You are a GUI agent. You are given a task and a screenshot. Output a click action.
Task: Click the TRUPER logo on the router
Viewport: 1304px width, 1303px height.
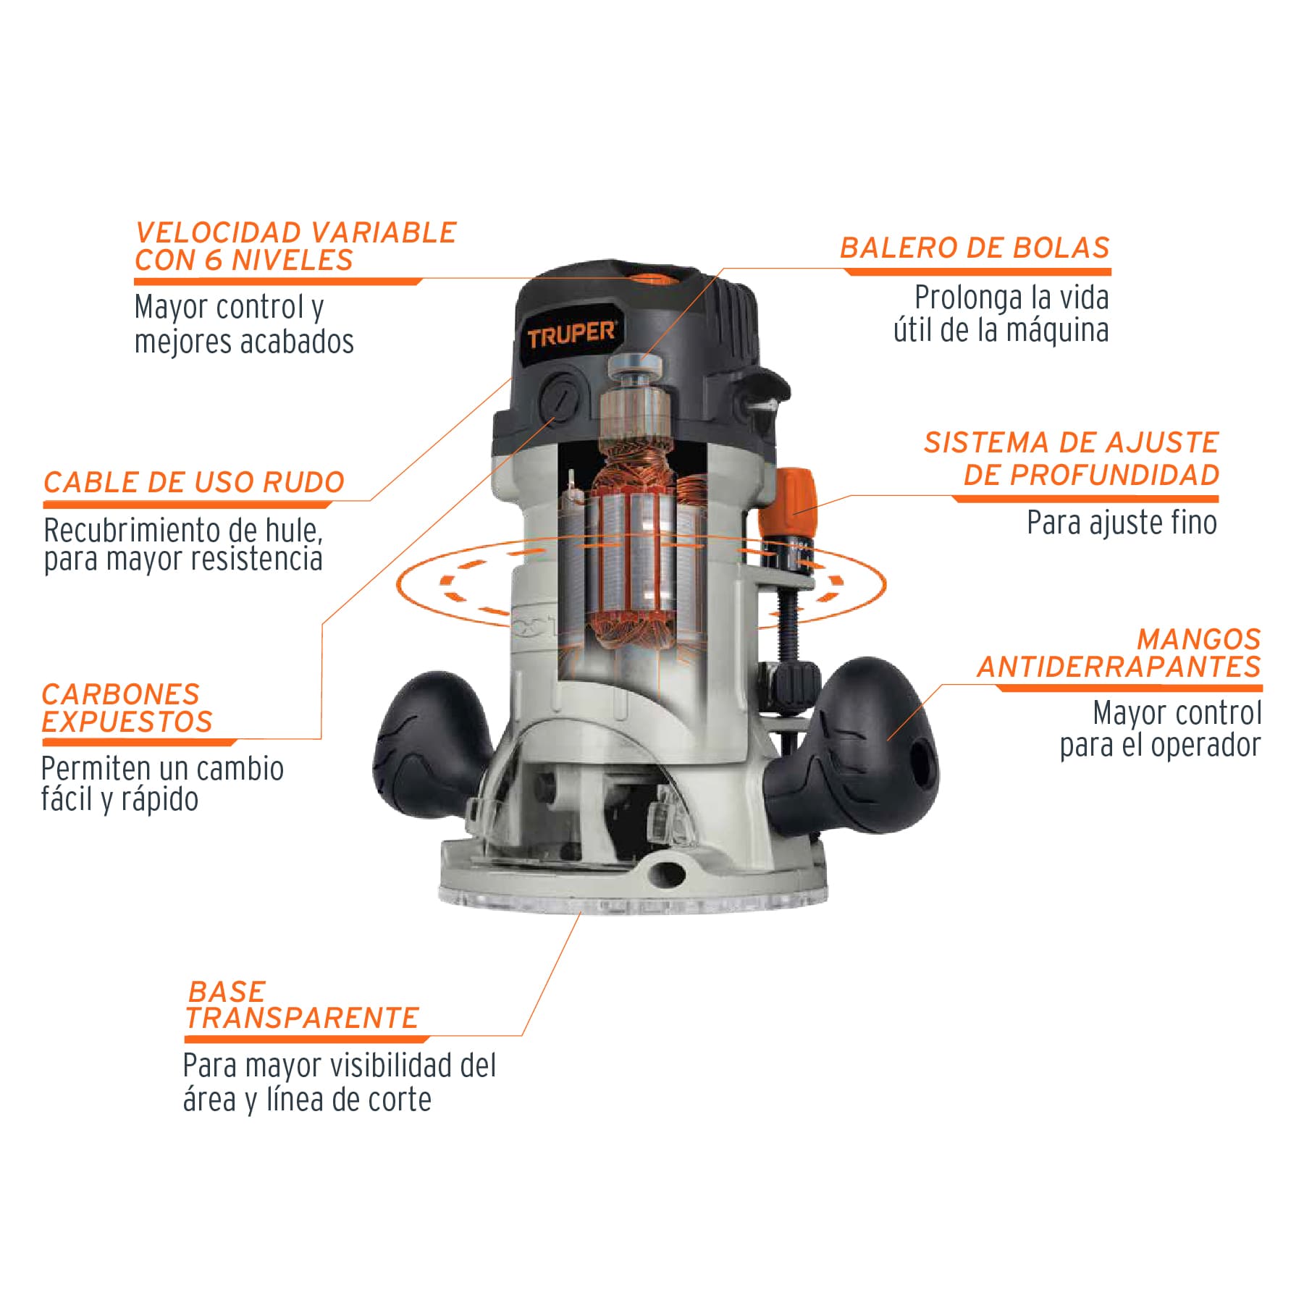coord(571,335)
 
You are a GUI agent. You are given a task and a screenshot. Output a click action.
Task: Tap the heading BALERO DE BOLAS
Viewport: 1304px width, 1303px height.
coord(975,248)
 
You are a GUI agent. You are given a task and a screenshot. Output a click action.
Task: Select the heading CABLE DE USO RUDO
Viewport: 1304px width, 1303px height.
coord(194,482)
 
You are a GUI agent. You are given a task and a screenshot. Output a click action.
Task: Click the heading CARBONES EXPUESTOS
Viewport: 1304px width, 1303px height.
coord(127,707)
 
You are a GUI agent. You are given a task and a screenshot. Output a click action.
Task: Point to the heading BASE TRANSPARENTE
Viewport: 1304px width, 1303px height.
coord(303,1004)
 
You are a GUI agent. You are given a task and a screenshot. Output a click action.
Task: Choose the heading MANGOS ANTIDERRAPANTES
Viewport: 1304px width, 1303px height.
coord(1119,653)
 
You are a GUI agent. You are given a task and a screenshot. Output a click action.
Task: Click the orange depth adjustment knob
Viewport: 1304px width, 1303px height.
coord(797,500)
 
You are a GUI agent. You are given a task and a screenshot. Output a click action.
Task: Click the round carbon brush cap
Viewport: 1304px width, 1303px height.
coord(562,396)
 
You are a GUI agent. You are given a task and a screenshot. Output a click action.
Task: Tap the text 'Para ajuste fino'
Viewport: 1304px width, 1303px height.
coord(1122,522)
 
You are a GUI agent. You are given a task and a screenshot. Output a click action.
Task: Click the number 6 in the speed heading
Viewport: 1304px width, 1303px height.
coord(214,260)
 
